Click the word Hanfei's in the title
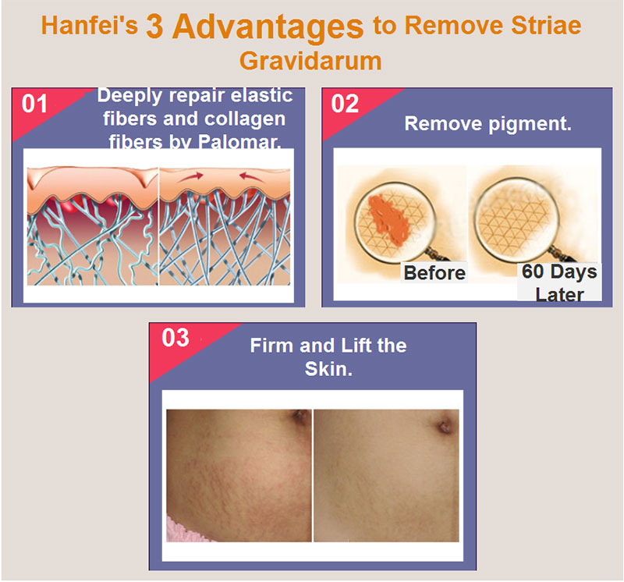[90, 25]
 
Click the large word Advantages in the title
[268, 27]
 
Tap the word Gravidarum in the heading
[310, 61]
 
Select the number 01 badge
[34, 104]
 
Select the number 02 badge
[345, 104]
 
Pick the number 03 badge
[175, 338]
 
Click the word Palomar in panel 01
[239, 142]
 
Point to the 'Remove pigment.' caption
[488, 124]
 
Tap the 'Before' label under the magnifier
[434, 273]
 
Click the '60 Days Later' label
[559, 282]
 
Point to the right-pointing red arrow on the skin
[190, 177]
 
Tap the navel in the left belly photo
[300, 417]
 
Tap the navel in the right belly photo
[445, 426]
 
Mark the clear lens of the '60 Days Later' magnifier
[516, 219]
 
